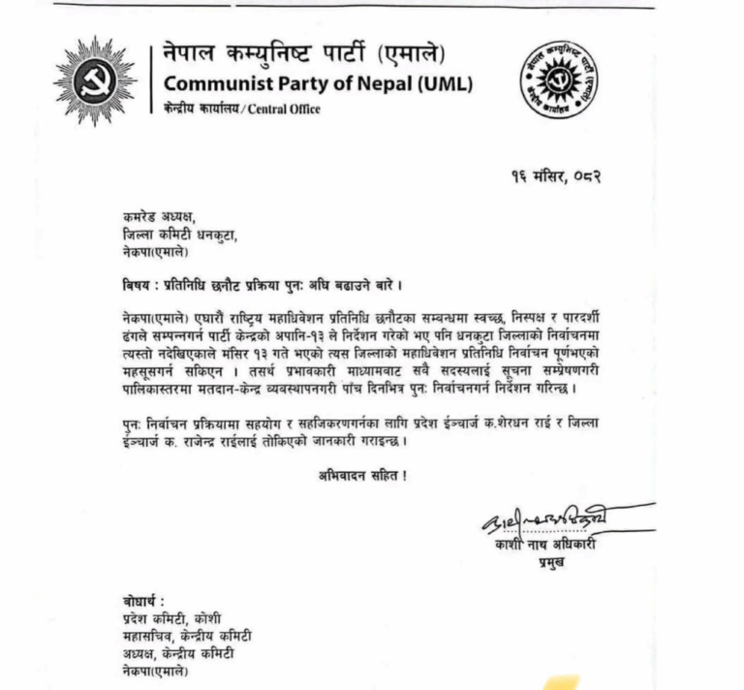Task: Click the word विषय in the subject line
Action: click(x=130, y=289)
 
